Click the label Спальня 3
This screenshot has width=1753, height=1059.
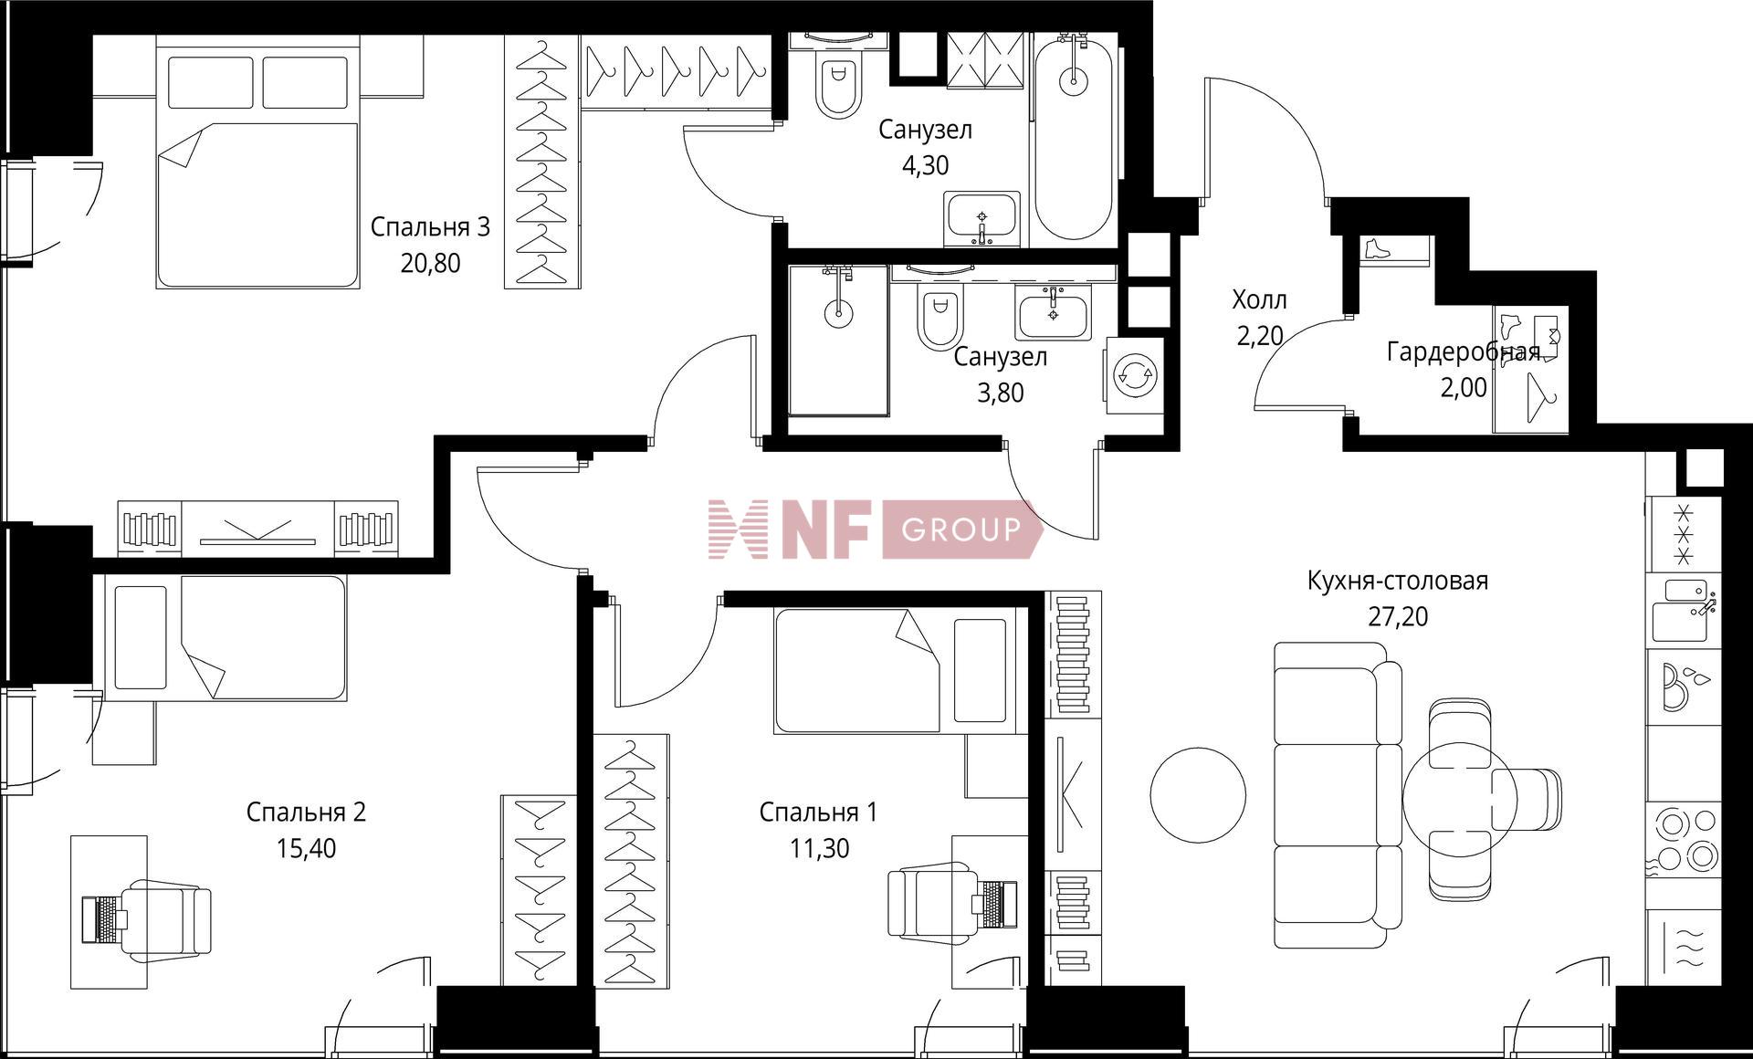(x=430, y=226)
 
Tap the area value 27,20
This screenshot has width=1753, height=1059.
(x=1398, y=617)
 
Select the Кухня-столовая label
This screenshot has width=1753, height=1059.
(x=1398, y=581)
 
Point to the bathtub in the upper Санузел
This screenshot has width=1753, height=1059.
(x=1073, y=138)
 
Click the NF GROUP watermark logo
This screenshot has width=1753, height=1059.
(x=875, y=529)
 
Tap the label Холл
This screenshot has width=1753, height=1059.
(x=1259, y=299)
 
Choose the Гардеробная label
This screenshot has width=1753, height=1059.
(x=1464, y=351)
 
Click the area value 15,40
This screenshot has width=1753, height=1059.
(x=306, y=849)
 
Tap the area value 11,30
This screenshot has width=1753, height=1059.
(x=820, y=849)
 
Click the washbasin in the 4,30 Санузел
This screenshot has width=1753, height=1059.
(x=982, y=219)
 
